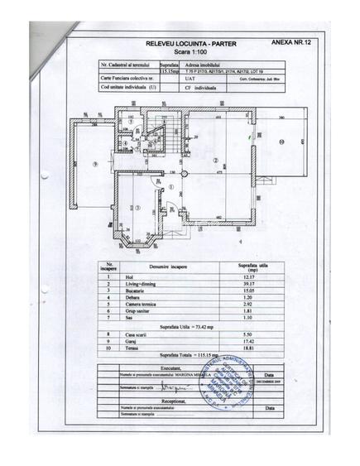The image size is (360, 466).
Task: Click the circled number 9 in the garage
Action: click(95, 164)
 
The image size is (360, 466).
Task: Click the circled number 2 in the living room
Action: click(214, 161)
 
